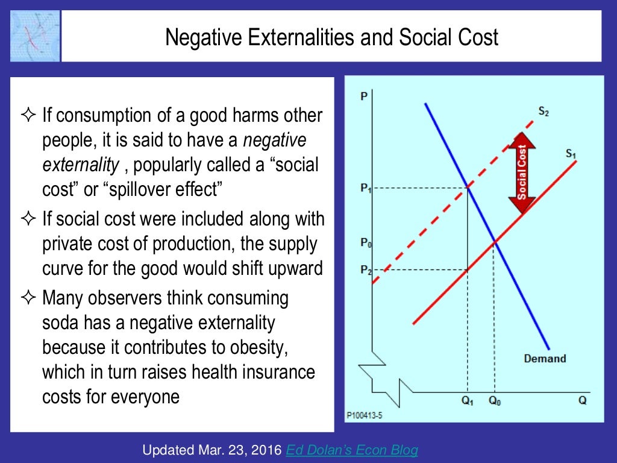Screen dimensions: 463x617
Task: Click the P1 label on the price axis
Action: coord(366,189)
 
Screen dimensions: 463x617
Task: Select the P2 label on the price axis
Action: coord(366,269)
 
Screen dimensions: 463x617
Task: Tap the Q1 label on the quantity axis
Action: coord(469,401)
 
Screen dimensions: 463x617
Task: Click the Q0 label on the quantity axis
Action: coord(495,401)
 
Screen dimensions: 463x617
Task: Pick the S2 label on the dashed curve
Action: coord(543,112)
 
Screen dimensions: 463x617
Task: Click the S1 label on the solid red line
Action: coord(571,154)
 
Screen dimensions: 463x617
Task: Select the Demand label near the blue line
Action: coord(545,359)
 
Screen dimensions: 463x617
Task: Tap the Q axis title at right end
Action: coord(582,401)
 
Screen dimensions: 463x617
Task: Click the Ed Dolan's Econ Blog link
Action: coord(352,450)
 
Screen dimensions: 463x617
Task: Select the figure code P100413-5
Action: coord(364,415)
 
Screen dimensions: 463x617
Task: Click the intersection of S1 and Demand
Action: coord(495,242)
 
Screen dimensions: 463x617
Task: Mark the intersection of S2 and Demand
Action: coord(469,188)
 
